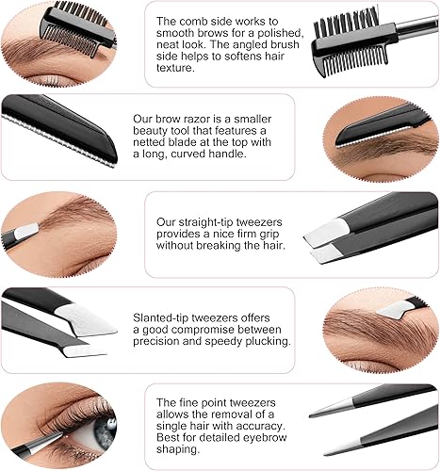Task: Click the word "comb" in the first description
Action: click(204, 21)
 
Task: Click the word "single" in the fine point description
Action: click(176, 429)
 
